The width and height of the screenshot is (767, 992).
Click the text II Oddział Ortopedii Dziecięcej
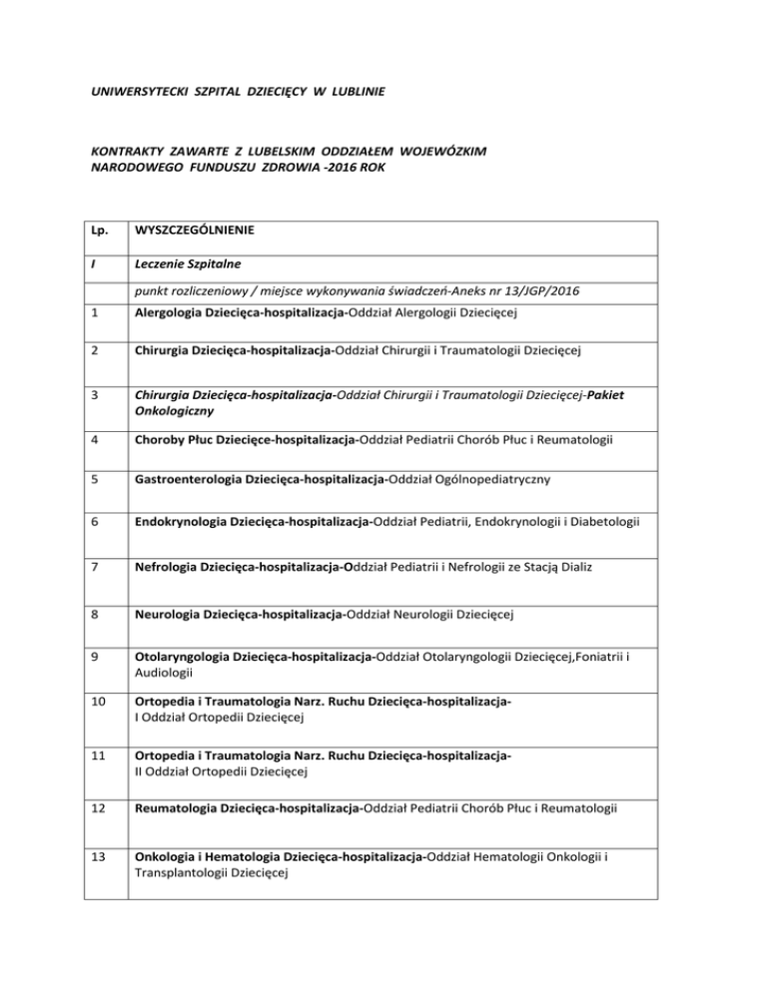pos(220,770)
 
